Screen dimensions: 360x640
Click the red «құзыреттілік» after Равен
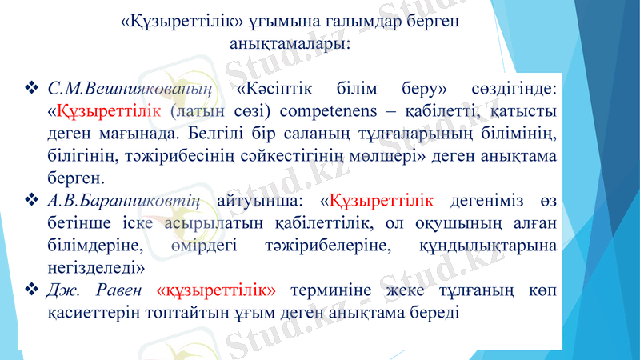pyautogui.click(x=217, y=287)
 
